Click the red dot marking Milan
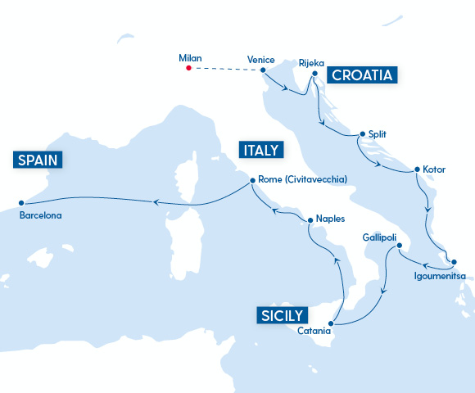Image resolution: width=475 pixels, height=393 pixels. (188, 68)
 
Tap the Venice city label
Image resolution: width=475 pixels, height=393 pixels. (260, 59)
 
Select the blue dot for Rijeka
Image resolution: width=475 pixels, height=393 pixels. (314, 74)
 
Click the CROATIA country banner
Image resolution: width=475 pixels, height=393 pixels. (362, 75)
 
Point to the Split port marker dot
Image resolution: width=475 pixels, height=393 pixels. (361, 134)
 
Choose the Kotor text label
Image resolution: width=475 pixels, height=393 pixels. (434, 169)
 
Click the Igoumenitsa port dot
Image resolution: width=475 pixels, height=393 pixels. (452, 262)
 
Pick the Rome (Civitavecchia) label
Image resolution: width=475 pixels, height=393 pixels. (302, 179)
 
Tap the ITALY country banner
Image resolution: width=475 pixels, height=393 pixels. (260, 150)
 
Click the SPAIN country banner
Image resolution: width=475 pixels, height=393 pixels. (39, 160)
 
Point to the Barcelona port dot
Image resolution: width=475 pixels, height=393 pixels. (20, 203)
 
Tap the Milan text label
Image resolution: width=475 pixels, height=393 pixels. (190, 58)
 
